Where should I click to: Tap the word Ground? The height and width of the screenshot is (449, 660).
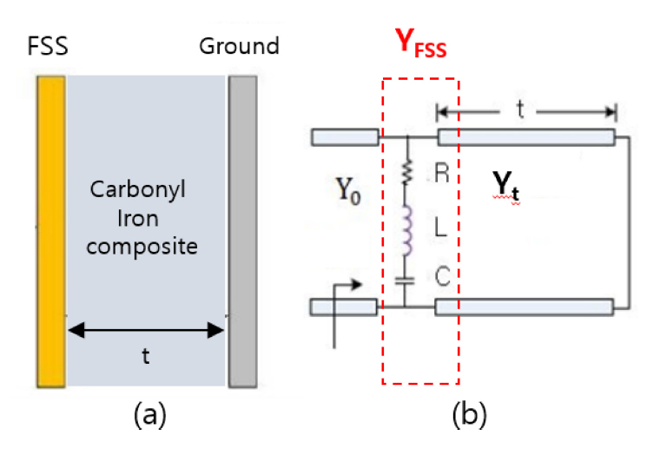point(240,46)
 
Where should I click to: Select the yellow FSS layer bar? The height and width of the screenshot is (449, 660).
point(50,230)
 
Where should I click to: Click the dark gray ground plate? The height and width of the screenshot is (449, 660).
point(242,230)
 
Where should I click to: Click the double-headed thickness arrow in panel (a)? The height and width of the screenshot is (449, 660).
point(146,330)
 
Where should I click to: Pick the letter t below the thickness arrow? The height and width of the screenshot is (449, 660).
point(146,356)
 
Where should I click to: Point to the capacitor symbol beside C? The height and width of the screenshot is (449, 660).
point(405,279)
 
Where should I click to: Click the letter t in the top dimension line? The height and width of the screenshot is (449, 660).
point(520,111)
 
